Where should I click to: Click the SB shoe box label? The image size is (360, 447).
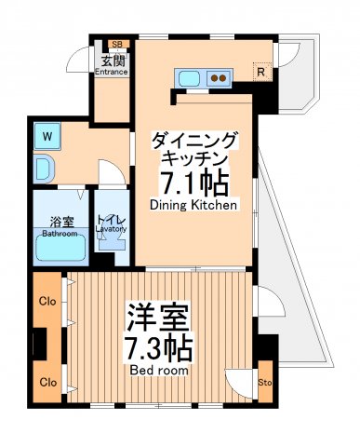click(116, 44)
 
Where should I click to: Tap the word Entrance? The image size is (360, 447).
click(112, 71)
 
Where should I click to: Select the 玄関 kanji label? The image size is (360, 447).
click(112, 60)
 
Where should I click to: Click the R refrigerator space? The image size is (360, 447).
click(262, 72)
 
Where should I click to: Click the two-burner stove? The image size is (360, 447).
click(220, 77)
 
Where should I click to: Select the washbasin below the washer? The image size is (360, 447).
click(44, 169)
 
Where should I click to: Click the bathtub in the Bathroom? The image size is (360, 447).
click(60, 247)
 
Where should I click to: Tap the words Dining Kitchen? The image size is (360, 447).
click(193, 203)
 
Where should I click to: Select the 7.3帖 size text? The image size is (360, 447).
click(159, 349)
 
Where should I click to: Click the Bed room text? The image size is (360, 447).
click(158, 370)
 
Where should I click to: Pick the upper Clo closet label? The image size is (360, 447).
click(47, 301)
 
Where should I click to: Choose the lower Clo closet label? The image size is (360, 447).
click(47, 382)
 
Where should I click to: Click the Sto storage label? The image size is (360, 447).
click(264, 382)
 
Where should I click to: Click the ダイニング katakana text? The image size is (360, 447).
click(194, 141)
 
